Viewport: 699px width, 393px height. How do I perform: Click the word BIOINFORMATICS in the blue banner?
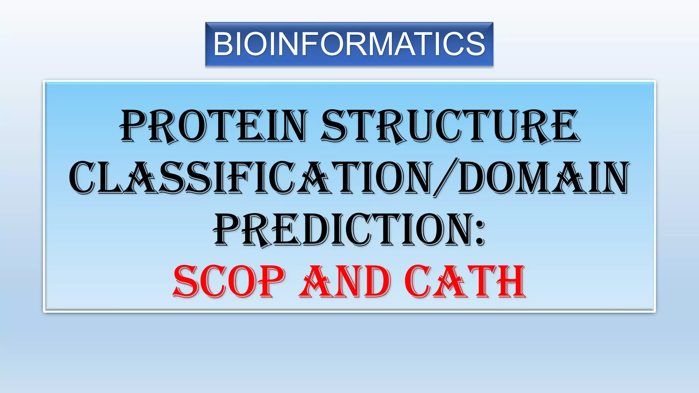pos(349,44)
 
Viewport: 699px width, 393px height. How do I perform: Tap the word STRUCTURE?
pos(451,126)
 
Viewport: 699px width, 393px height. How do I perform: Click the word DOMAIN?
pos(543,178)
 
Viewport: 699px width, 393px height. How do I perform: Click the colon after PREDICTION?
pos(480,232)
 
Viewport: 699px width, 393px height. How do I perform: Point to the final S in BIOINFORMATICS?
pos(476,44)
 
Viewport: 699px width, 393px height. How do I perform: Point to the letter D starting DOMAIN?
pos(473,178)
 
